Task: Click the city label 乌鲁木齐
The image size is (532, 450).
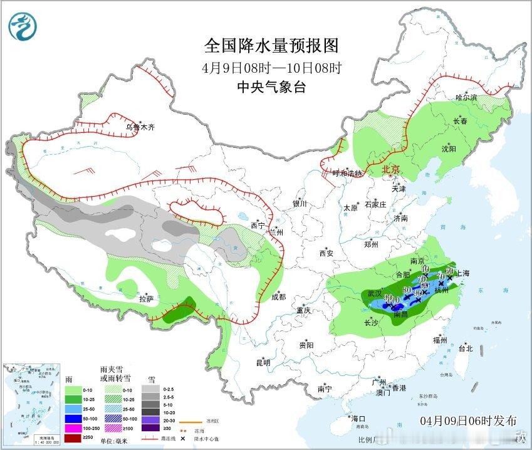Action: pyautogui.click(x=140, y=127)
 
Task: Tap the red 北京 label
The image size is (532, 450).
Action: pyautogui.click(x=390, y=170)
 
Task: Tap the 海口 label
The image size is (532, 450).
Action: pyautogui.click(x=358, y=418)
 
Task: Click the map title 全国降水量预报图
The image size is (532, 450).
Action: pyautogui.click(x=271, y=46)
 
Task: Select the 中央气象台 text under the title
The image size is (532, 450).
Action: pyautogui.click(x=271, y=88)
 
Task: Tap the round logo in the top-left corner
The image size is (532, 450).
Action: pyautogui.click(x=23, y=26)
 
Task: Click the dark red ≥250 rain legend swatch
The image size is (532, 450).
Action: pyautogui.click(x=73, y=437)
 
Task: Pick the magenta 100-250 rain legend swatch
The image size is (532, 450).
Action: pyautogui.click(x=73, y=427)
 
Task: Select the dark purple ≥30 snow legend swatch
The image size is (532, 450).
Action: pyautogui.click(x=150, y=428)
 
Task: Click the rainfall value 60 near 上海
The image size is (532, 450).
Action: pyautogui.click(x=449, y=271)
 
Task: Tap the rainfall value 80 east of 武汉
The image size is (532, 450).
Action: pyautogui.click(x=407, y=290)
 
